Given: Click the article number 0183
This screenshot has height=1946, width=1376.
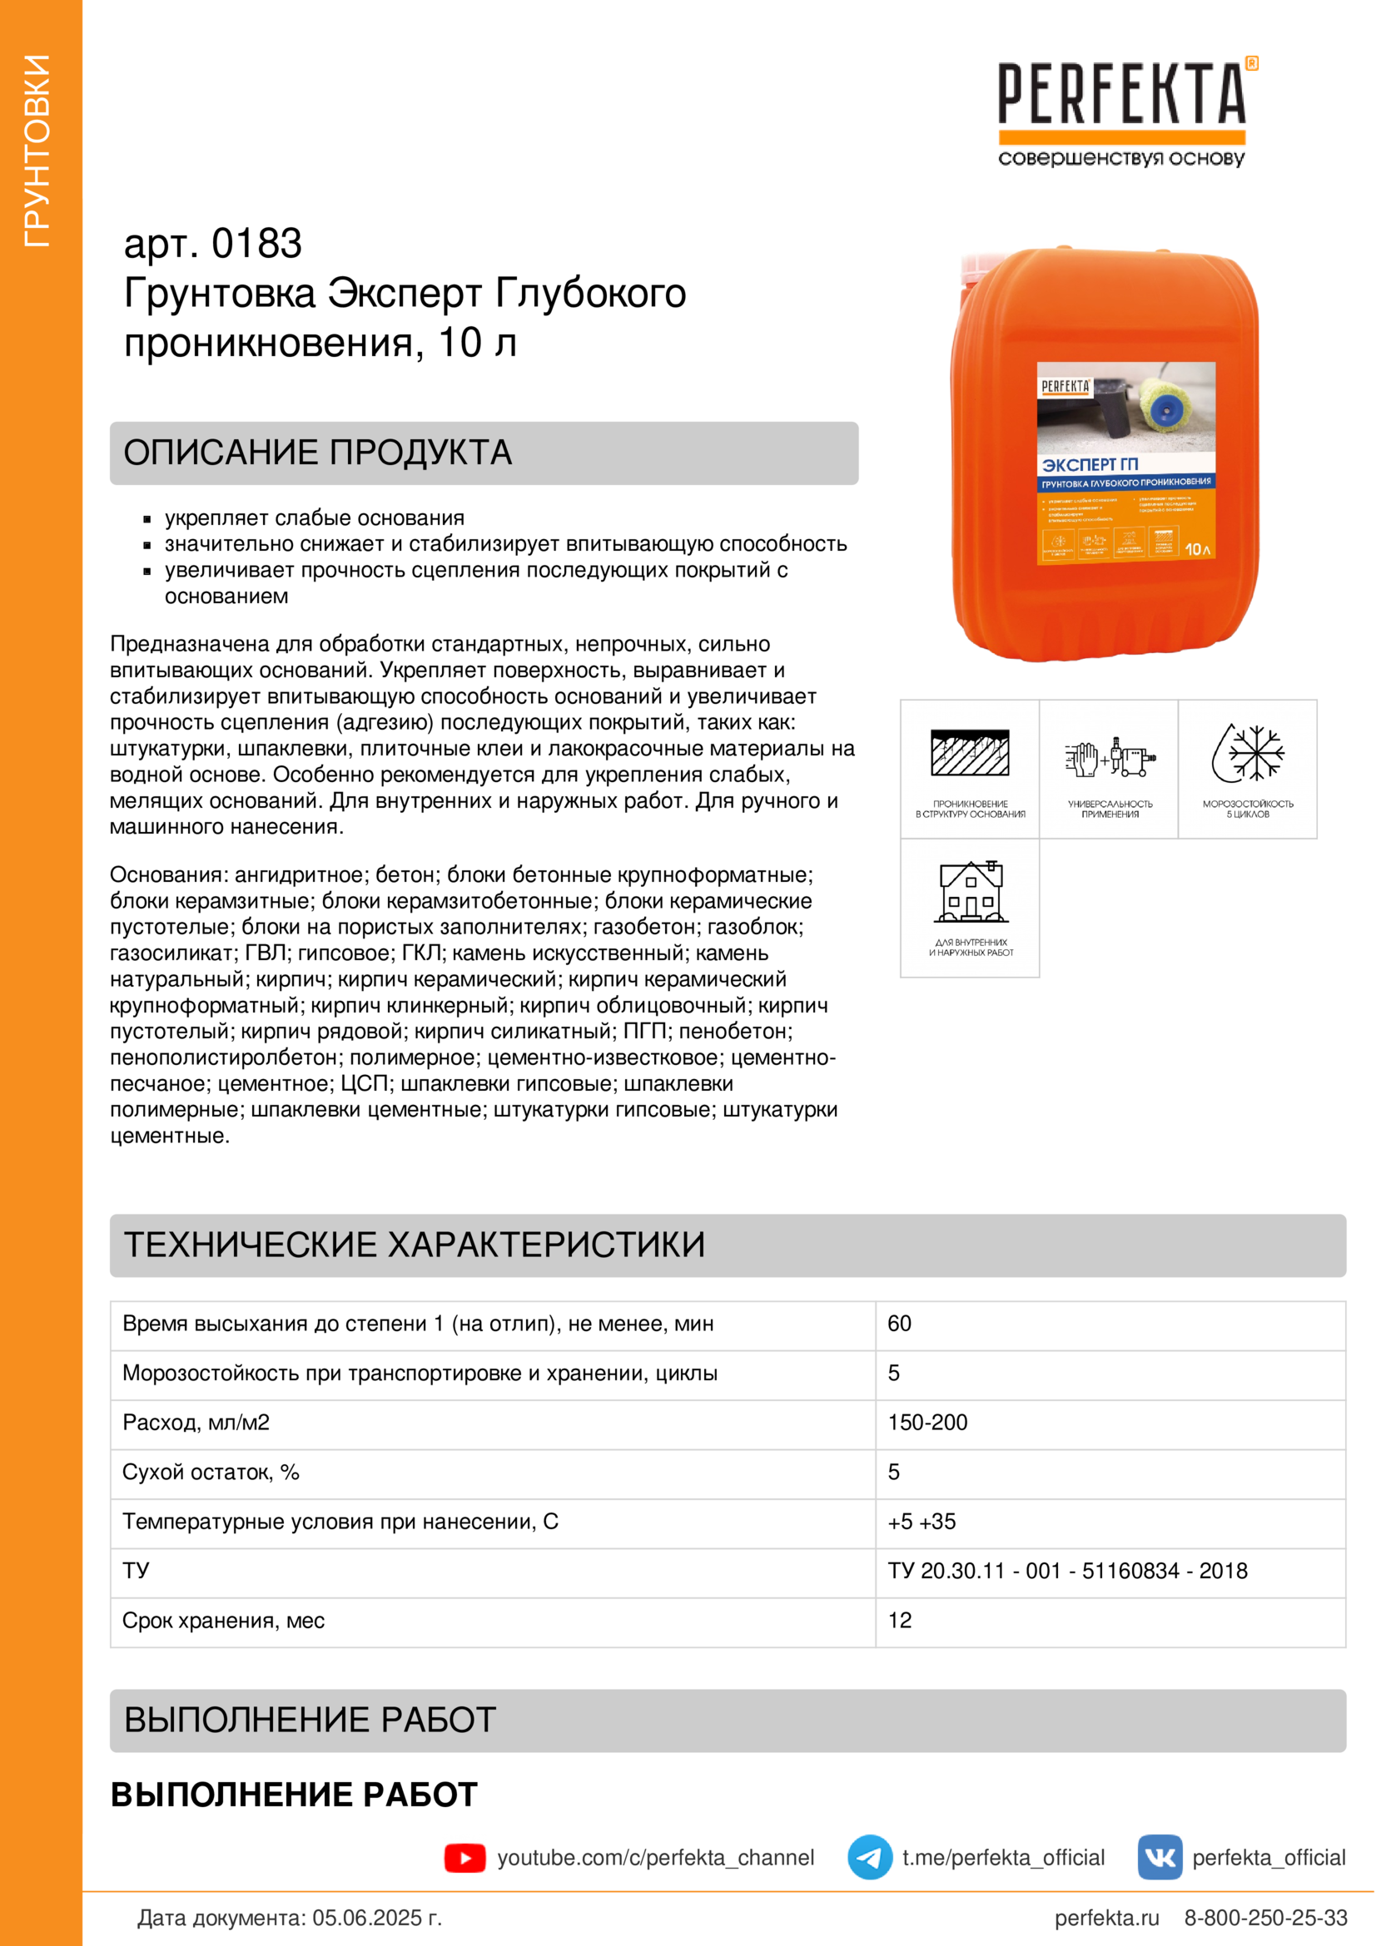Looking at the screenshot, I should (x=256, y=244).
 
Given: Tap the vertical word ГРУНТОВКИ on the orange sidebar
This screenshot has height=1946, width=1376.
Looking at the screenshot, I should (x=37, y=151).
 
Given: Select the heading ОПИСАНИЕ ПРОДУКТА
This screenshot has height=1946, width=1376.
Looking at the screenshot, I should (x=318, y=453).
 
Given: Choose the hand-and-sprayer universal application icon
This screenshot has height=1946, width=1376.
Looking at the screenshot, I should (x=1110, y=756).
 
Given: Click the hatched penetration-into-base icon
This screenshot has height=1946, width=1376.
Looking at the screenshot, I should (x=970, y=753).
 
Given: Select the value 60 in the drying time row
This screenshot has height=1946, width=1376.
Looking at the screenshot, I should (x=900, y=1324).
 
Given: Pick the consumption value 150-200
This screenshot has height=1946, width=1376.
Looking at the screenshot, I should (x=927, y=1423).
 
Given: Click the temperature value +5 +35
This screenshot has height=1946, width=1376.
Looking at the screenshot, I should (x=921, y=1523).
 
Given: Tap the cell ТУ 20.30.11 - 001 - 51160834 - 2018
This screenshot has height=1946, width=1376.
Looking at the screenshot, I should (x=1067, y=1572).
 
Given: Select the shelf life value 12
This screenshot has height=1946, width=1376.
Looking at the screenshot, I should (x=900, y=1621).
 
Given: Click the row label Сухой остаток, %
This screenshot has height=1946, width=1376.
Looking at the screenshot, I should (x=211, y=1473).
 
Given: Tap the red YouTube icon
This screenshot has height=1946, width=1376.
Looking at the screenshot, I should (x=464, y=1858).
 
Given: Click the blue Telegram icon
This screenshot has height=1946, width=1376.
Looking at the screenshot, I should (x=870, y=1858).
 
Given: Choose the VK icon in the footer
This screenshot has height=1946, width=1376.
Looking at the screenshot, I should (x=1160, y=1858).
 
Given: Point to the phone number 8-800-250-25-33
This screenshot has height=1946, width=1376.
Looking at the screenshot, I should (x=1265, y=1918).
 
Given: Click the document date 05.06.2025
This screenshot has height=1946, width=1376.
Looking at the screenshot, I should (x=376, y=1918).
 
